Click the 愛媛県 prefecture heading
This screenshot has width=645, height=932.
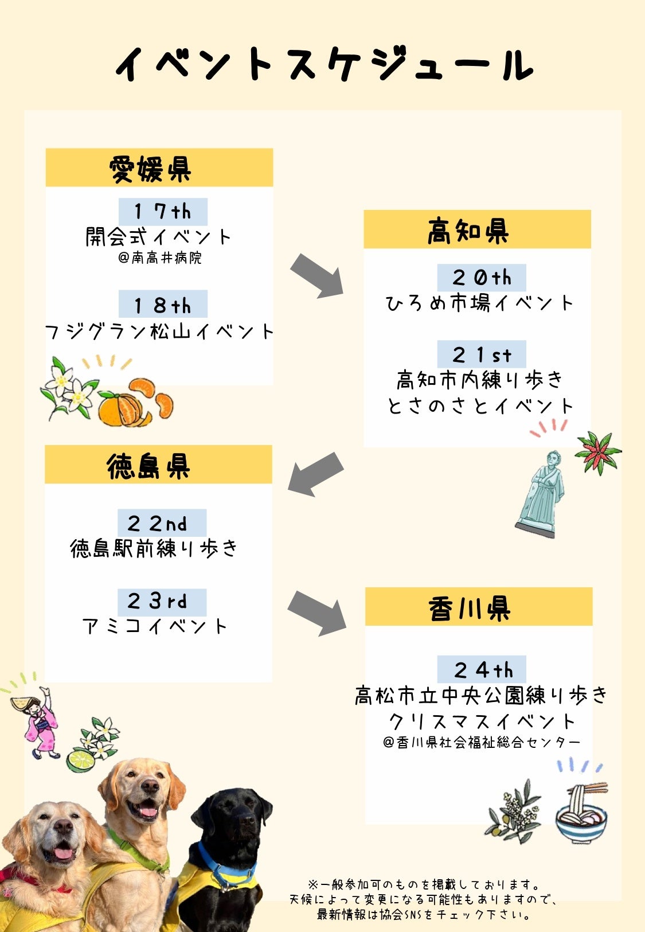click(x=150, y=169)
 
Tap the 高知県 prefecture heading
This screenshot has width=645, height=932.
click(x=468, y=231)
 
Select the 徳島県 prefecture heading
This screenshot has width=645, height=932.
click(x=148, y=466)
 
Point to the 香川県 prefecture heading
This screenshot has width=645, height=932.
click(x=470, y=608)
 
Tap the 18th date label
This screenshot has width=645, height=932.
click(x=163, y=305)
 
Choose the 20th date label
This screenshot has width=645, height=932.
click(x=482, y=278)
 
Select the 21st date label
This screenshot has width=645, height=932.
click(x=482, y=355)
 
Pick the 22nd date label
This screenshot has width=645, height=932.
click(x=162, y=523)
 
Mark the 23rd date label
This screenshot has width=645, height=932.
click(x=162, y=602)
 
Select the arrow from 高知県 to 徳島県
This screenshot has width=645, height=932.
click(x=315, y=474)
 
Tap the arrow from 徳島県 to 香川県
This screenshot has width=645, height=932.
click(x=317, y=613)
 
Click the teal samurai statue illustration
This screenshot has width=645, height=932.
click(x=540, y=494)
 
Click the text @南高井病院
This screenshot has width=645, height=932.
click(x=160, y=258)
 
